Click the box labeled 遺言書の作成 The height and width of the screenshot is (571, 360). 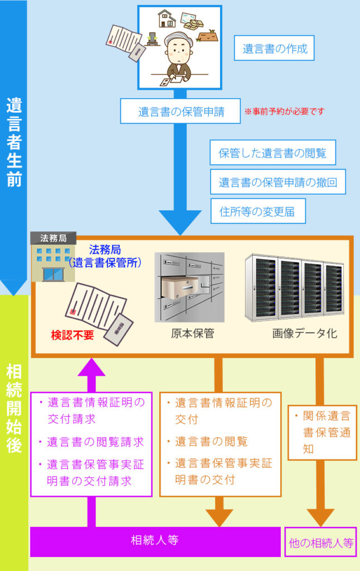275,49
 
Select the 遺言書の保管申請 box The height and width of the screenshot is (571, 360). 181,112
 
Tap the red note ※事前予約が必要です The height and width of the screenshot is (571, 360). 284,112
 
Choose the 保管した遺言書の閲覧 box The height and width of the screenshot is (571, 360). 273,152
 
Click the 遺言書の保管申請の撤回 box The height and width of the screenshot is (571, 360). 278,182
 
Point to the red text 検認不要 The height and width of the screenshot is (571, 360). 72,336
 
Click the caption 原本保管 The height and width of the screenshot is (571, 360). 192,334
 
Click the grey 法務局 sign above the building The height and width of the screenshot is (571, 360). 53,238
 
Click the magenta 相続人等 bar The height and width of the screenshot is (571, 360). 155,540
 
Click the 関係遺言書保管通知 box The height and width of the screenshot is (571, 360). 322,432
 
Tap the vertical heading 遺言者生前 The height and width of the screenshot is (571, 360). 14,142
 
